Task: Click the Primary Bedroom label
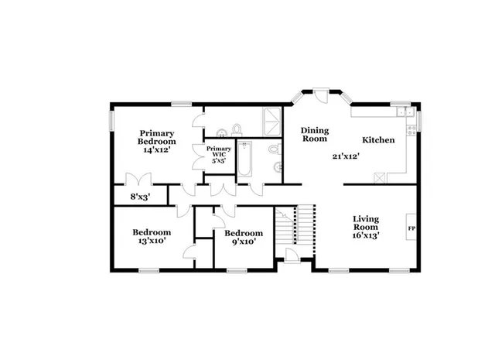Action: (x=156, y=137)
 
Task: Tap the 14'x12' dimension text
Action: (x=156, y=150)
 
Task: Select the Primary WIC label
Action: (x=218, y=151)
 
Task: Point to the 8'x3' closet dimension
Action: (x=139, y=197)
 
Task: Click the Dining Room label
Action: (x=315, y=135)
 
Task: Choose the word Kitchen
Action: (x=379, y=140)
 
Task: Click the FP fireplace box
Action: (x=411, y=228)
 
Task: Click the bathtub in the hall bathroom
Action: (x=246, y=159)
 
